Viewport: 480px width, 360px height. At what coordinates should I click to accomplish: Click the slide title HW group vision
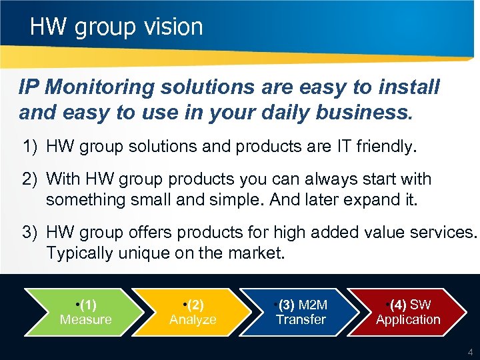[x=116, y=27]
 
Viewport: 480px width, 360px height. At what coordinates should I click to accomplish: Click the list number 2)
[x=31, y=179]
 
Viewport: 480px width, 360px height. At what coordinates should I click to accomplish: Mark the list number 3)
[x=31, y=232]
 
